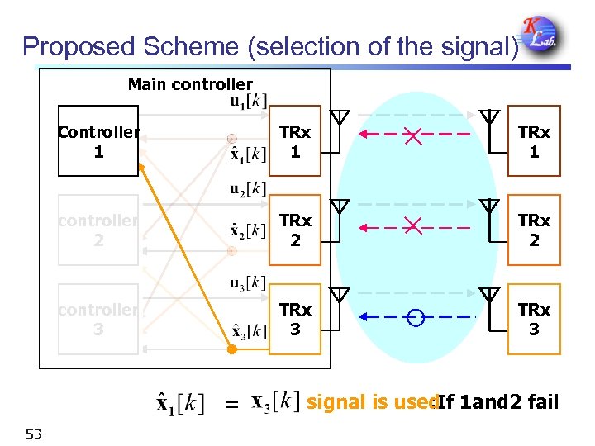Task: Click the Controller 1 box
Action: pos(98,141)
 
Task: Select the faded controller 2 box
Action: pos(98,230)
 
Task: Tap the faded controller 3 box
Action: pos(98,319)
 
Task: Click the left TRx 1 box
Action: pos(295,141)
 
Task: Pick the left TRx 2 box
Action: pos(295,230)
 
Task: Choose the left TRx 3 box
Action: pos(295,319)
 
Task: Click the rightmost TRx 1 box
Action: pos(534,141)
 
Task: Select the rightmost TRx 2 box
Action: pos(534,230)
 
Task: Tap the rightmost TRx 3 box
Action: pos(534,319)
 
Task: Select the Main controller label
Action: pos(190,84)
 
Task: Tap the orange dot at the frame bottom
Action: pos(232,350)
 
